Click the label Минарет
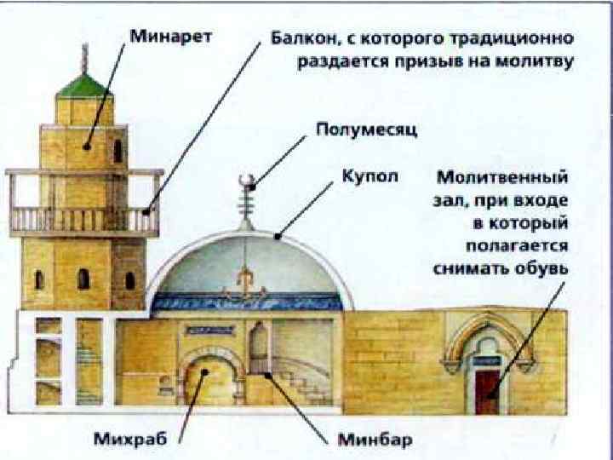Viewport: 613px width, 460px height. pos(171,38)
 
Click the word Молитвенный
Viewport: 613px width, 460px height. pos(502,180)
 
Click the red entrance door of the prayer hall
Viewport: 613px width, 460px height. pos(486,390)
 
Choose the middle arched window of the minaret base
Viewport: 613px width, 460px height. pos(83,279)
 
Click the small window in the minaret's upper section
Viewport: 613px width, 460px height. pos(117,151)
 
